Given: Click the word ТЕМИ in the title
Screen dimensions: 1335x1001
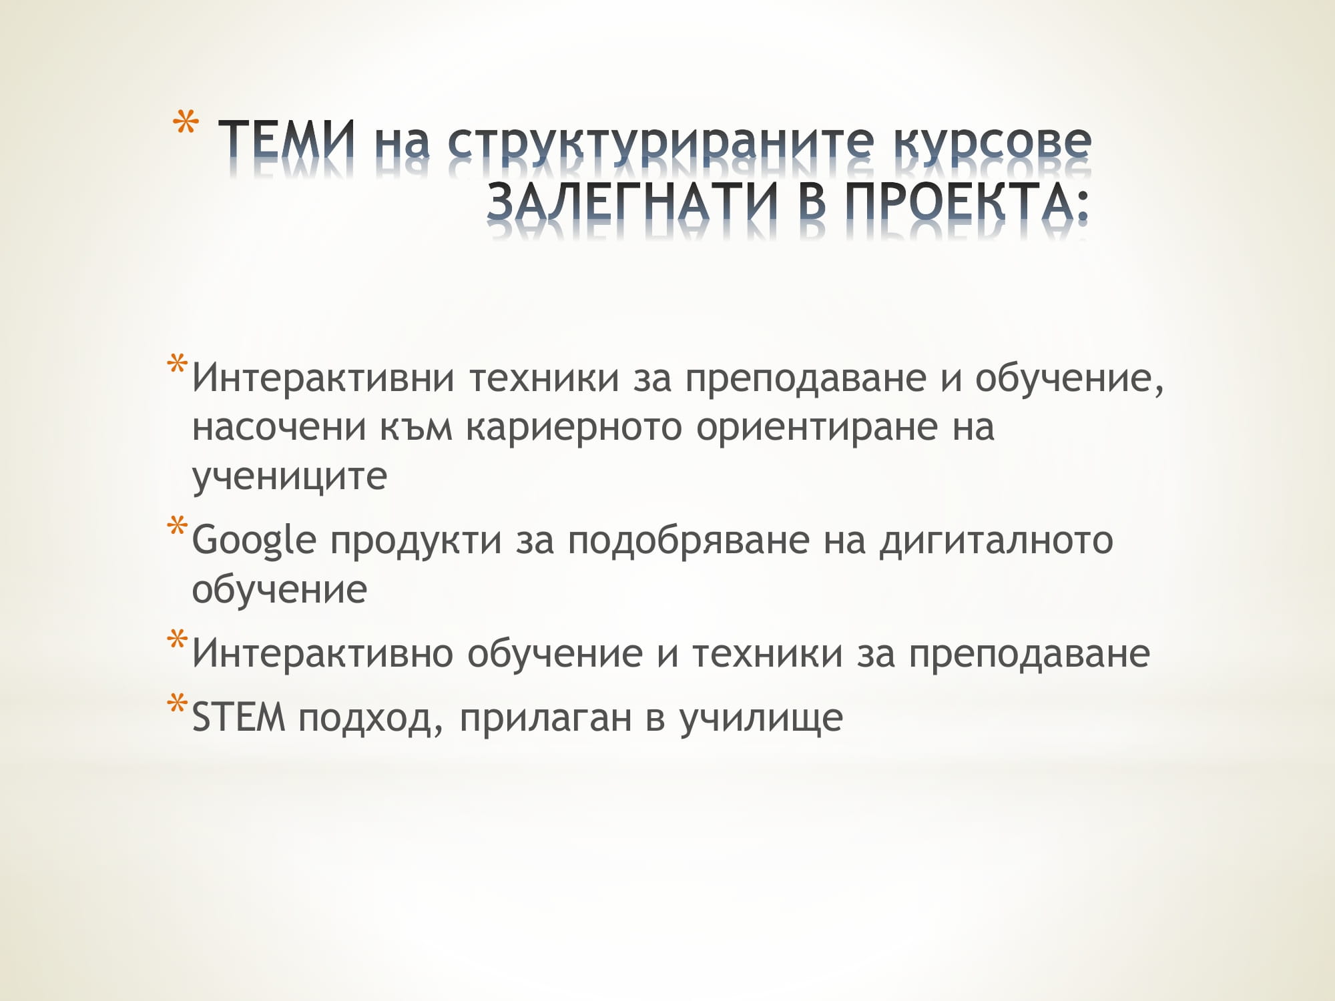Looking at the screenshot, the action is click(287, 141).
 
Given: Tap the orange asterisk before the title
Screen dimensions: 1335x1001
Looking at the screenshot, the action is click(186, 125).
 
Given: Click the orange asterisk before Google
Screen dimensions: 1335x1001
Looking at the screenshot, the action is click(178, 527).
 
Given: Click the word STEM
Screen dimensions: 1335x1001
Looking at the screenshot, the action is click(238, 717).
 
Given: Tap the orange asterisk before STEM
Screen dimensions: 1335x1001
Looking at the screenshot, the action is click(178, 705).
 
